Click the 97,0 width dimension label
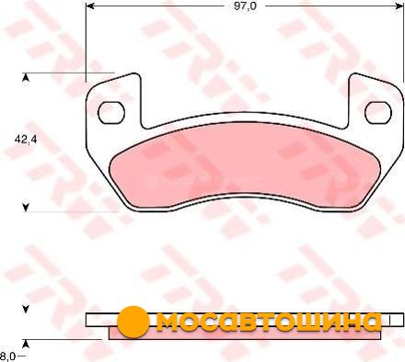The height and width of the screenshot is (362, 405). tap(245, 6)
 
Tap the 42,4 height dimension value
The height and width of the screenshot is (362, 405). tap(26, 140)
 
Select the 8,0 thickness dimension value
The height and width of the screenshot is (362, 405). tap(7, 356)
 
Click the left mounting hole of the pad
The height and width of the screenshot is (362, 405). tap(111, 112)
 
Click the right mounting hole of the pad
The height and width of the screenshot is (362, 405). tap(378, 112)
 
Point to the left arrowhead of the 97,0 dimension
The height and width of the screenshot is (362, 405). tap(89, 6)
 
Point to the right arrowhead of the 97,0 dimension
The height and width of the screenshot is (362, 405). tap(399, 6)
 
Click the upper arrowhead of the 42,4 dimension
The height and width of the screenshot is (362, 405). tap(26, 78)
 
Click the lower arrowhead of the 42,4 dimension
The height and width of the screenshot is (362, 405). tap(26, 208)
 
